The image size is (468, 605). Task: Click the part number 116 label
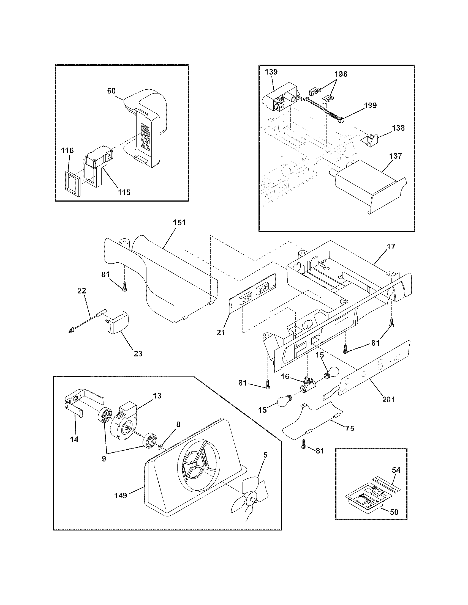[x=68, y=151]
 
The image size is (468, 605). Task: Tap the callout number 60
[x=111, y=91]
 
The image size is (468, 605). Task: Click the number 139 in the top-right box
[x=271, y=72]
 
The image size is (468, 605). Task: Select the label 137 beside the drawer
[x=395, y=156]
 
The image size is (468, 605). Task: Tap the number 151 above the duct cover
[x=179, y=223]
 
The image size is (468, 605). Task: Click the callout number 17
[x=391, y=246]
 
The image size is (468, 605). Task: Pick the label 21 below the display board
[x=221, y=333]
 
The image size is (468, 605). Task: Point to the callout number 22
[x=81, y=291]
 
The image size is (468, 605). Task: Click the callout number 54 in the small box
[x=396, y=470]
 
